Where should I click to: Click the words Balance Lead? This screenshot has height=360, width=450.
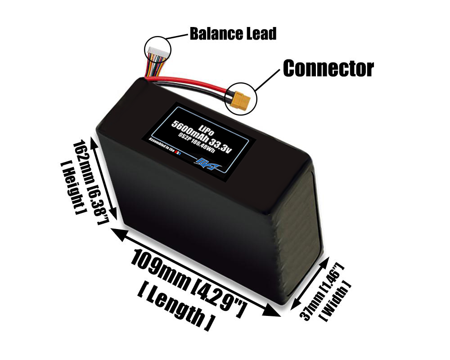point(233,34)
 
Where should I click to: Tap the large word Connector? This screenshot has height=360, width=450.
point(328,68)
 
